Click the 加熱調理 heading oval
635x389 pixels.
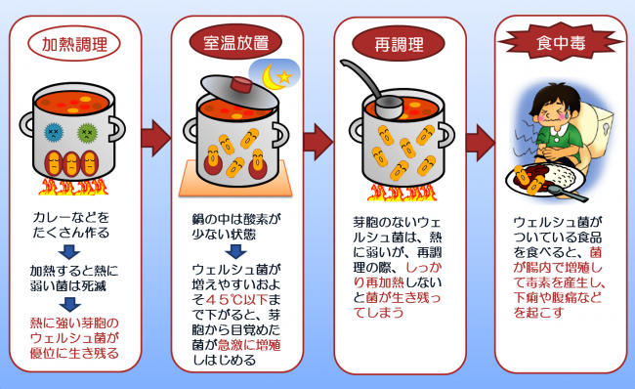pos(74,43)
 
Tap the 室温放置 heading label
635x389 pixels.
pos(235,42)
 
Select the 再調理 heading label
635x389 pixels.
pos(399,44)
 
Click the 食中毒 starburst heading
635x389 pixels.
pos(561,41)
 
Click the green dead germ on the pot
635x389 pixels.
pos(87,132)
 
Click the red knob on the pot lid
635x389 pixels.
pos(241,85)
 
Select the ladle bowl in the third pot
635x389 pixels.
pos(389,108)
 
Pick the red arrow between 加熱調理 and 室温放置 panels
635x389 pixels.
pos(156,138)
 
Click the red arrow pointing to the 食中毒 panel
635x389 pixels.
pos(481,143)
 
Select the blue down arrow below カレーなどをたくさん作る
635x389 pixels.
pos(69,252)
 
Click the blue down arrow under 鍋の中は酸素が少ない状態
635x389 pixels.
pos(235,251)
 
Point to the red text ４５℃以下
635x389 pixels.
pos(236,300)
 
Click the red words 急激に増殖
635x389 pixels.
pos(249,345)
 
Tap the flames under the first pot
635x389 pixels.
pos(73,188)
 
